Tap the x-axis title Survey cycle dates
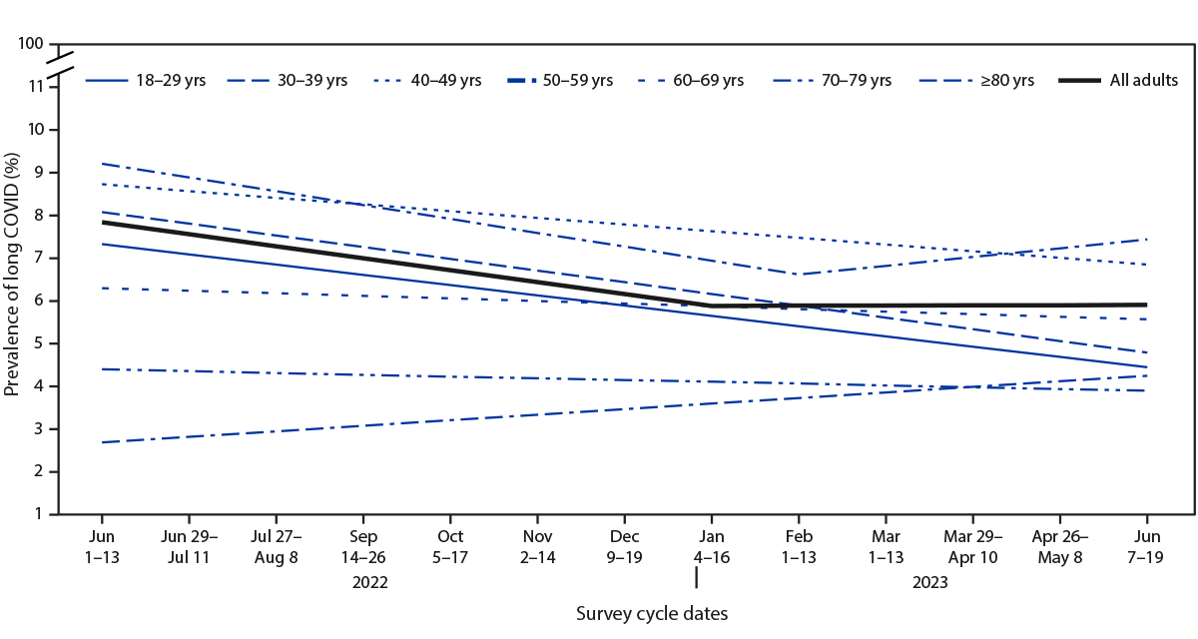(651, 613)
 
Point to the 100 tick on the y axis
(32, 44)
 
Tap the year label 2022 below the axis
(368, 580)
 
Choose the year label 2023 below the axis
(928, 580)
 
